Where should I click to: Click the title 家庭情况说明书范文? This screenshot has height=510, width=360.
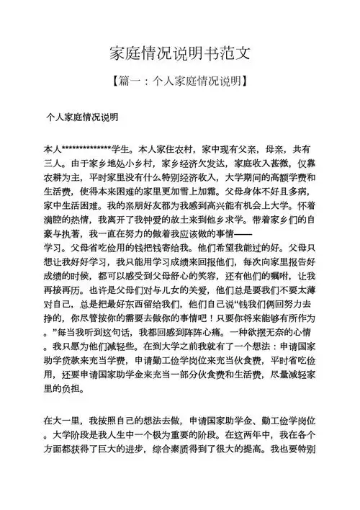tap(180, 54)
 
